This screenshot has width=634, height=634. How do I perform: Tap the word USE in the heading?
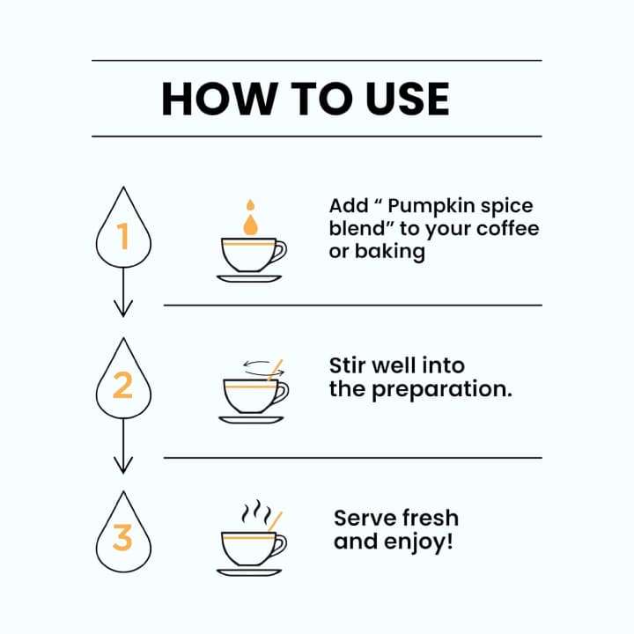[x=407, y=99]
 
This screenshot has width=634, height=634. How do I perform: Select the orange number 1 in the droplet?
[x=122, y=236]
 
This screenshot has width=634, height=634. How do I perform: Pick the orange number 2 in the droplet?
[x=122, y=385]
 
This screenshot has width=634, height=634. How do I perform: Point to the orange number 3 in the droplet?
[x=122, y=537]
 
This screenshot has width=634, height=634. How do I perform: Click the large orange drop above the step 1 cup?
[x=250, y=225]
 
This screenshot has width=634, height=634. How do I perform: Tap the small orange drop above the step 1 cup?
[x=251, y=205]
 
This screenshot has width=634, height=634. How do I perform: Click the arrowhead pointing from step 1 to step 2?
[x=123, y=308]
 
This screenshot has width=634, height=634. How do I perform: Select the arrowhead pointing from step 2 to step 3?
[x=123, y=465]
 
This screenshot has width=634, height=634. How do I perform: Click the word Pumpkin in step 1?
[x=431, y=207]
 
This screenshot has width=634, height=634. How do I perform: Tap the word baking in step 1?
[x=390, y=252]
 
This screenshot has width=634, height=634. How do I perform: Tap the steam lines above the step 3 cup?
[x=256, y=512]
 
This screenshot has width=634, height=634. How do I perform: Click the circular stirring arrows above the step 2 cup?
[x=263, y=368]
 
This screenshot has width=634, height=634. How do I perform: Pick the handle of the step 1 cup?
[x=279, y=252]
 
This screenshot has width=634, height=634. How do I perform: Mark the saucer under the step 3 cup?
[x=249, y=572]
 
